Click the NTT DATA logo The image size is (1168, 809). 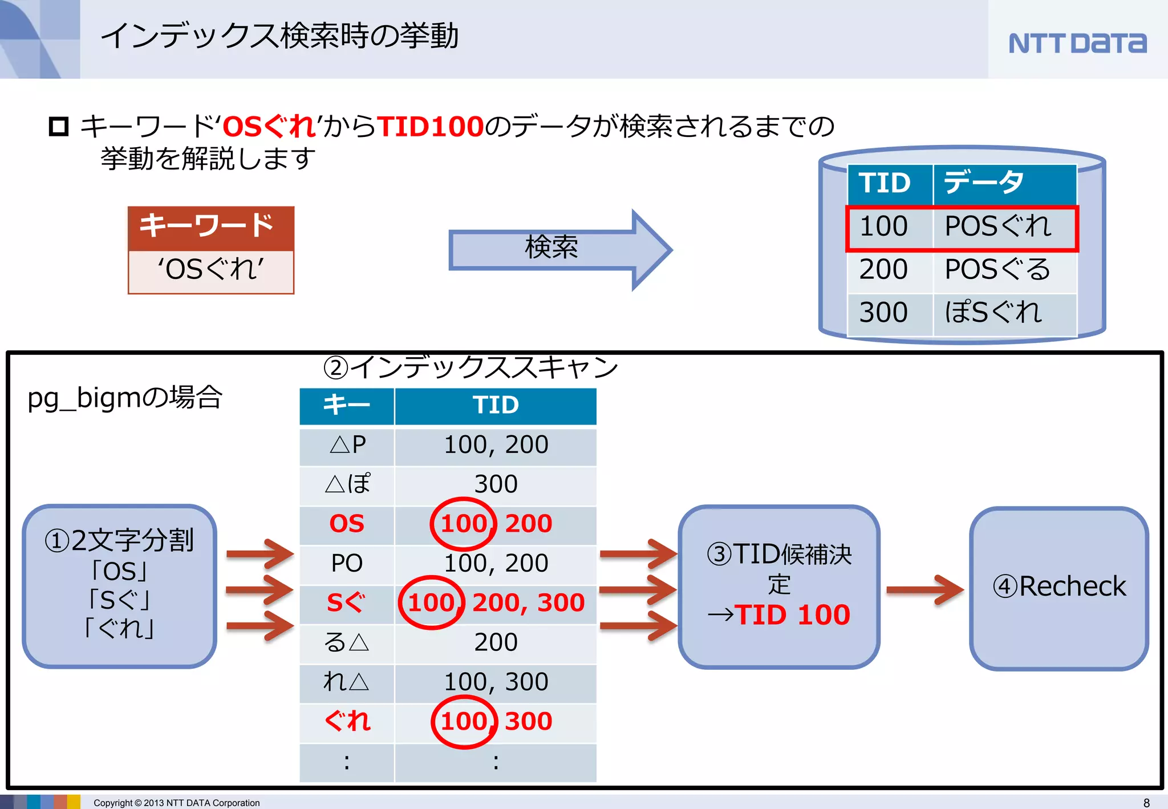pyautogui.click(x=1077, y=43)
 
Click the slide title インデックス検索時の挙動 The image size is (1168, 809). pyautogui.click(x=279, y=35)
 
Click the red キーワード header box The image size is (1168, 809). pyautogui.click(x=211, y=226)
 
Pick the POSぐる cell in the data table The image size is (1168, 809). pyautogui.click(x=998, y=269)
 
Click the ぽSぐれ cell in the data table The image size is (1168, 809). pyautogui.click(x=993, y=313)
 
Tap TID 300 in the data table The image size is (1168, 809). pyautogui.click(x=883, y=313)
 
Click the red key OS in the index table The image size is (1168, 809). pyautogui.click(x=347, y=524)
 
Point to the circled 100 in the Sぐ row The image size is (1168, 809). pyautogui.click(x=431, y=602)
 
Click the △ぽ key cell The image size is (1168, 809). pyautogui.click(x=347, y=484)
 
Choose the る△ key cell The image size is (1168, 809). pyautogui.click(x=347, y=642)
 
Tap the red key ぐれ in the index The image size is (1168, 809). pyautogui.click(x=347, y=721)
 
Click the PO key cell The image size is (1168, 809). pyautogui.click(x=347, y=563)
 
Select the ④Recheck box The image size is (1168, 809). pyautogui.click(x=1059, y=587)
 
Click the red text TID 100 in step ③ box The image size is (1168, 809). pyautogui.click(x=793, y=615)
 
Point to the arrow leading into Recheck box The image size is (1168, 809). pyautogui.click(x=924, y=589)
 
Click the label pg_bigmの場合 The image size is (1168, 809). pyautogui.click(x=125, y=398)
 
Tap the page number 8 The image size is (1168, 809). pyautogui.click(x=1146, y=803)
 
